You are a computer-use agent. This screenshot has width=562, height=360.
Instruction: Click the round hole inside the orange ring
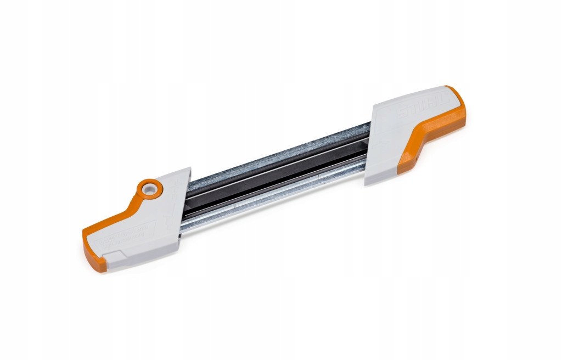[148, 189]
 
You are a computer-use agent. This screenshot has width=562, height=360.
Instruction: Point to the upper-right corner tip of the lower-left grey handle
[189, 168]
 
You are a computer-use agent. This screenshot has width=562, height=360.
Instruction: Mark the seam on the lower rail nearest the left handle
[236, 206]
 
